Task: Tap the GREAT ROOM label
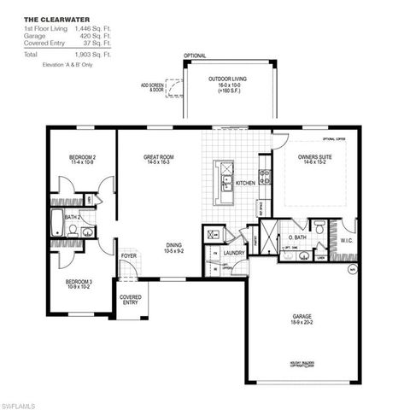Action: click(160, 156)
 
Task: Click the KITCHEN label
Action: click(245, 183)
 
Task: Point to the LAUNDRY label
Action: click(234, 253)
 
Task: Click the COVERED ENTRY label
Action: click(130, 299)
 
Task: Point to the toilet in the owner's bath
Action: click(318, 227)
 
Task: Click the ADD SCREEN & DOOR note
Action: click(153, 87)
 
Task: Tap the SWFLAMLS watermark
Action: click(20, 401)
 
